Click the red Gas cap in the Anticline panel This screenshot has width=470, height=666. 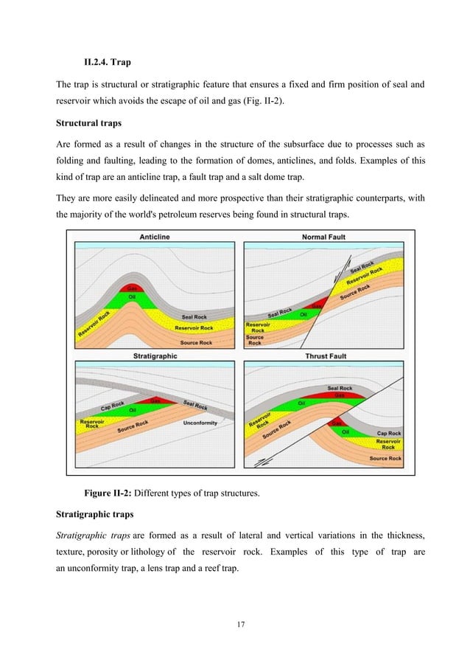(x=134, y=288)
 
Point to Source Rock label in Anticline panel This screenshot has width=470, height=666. (x=195, y=343)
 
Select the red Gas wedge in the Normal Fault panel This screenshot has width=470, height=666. (x=317, y=305)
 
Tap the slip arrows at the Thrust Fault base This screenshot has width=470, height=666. (x=260, y=462)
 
